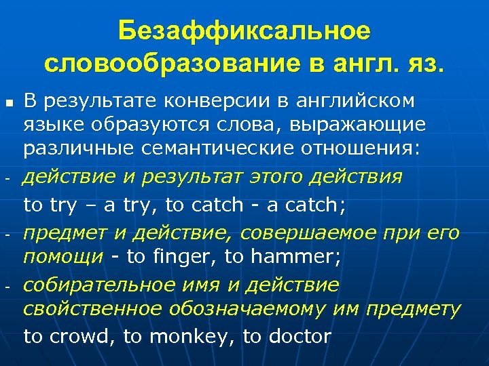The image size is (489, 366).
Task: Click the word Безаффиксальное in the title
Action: [x=244, y=31]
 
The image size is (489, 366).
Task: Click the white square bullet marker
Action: [x=7, y=103]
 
